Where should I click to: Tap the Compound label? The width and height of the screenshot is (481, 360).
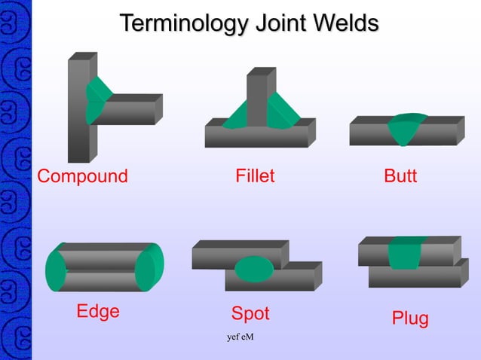[x=83, y=177]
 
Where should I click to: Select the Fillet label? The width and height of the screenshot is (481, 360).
[x=255, y=177]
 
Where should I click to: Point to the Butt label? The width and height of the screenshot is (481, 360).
[x=400, y=177]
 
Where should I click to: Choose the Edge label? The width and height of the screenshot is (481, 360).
[x=98, y=311]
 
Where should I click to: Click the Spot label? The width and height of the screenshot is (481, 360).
[x=250, y=313]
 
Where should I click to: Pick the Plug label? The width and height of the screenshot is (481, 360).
[x=410, y=319]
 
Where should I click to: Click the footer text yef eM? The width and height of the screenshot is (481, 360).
[x=240, y=336]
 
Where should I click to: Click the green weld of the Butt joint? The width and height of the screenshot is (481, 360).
[x=405, y=127]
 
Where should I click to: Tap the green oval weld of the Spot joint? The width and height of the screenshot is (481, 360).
[x=254, y=267]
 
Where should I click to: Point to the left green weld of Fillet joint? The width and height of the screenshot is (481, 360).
[x=237, y=114]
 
